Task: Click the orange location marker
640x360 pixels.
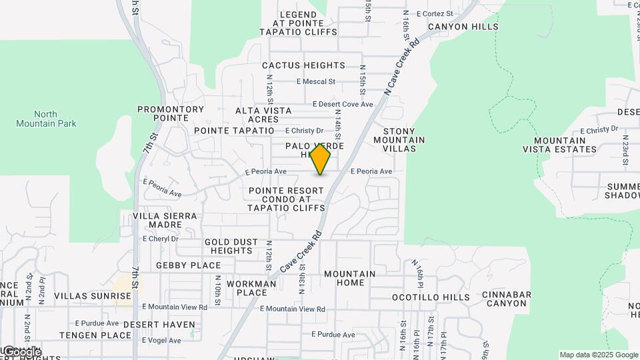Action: point(321,159)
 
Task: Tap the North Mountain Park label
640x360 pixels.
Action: point(46,119)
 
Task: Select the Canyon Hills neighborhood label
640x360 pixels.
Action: point(463,27)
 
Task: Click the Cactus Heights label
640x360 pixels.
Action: point(303,65)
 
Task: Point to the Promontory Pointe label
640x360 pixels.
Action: point(171,113)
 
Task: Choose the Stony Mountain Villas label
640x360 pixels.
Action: point(399,140)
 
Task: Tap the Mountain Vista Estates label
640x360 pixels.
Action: point(565,145)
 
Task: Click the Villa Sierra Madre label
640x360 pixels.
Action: point(165,221)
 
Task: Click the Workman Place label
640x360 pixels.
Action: point(251,288)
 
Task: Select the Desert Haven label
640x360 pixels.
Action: point(160,325)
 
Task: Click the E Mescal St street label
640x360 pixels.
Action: point(315,83)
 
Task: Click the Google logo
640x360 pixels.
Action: point(21,351)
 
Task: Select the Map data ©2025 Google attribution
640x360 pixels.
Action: point(598,355)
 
